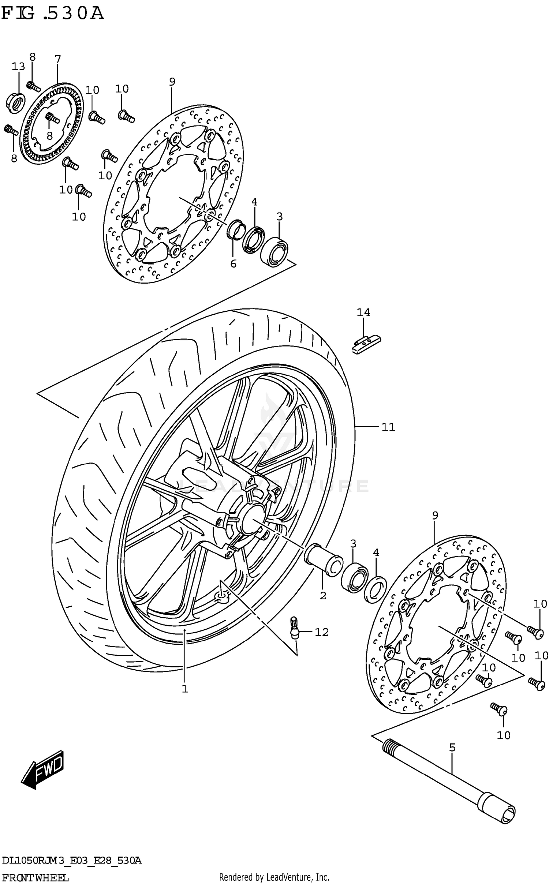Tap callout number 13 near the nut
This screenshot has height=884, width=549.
point(18,67)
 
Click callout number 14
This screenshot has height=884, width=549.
point(363,312)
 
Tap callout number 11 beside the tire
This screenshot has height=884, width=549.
point(388,427)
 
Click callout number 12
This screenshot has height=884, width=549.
point(322,632)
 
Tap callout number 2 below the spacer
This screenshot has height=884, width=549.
point(322,596)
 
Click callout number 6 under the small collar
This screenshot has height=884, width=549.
point(234,263)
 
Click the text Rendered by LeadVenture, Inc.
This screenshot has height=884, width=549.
point(274,877)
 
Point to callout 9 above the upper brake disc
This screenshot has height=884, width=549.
point(172,82)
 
